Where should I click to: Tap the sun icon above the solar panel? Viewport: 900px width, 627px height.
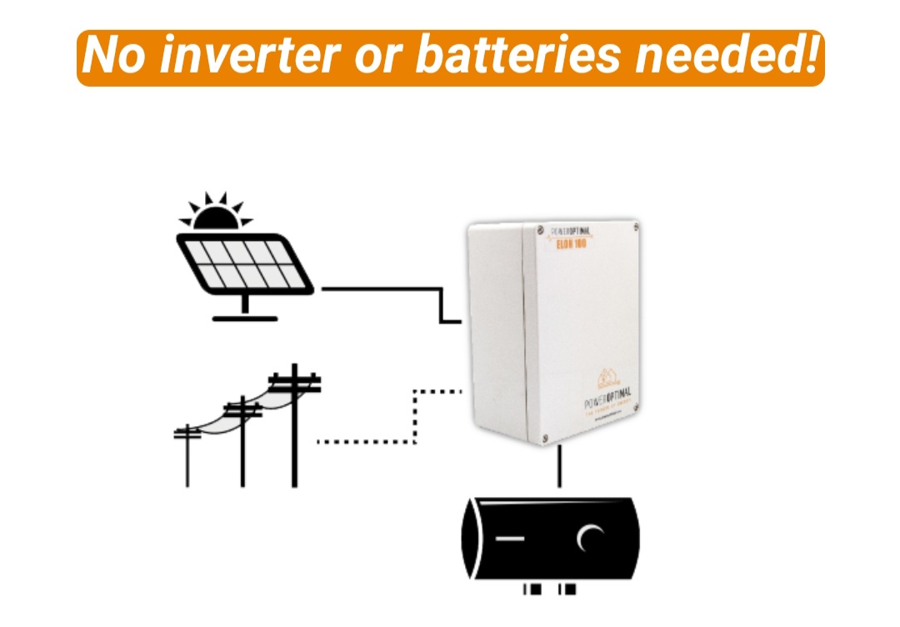click(216, 213)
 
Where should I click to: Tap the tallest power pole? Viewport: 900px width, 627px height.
click(294, 434)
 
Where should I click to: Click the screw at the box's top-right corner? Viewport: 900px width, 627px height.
click(636, 226)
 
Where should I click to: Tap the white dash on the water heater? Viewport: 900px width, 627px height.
click(511, 539)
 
